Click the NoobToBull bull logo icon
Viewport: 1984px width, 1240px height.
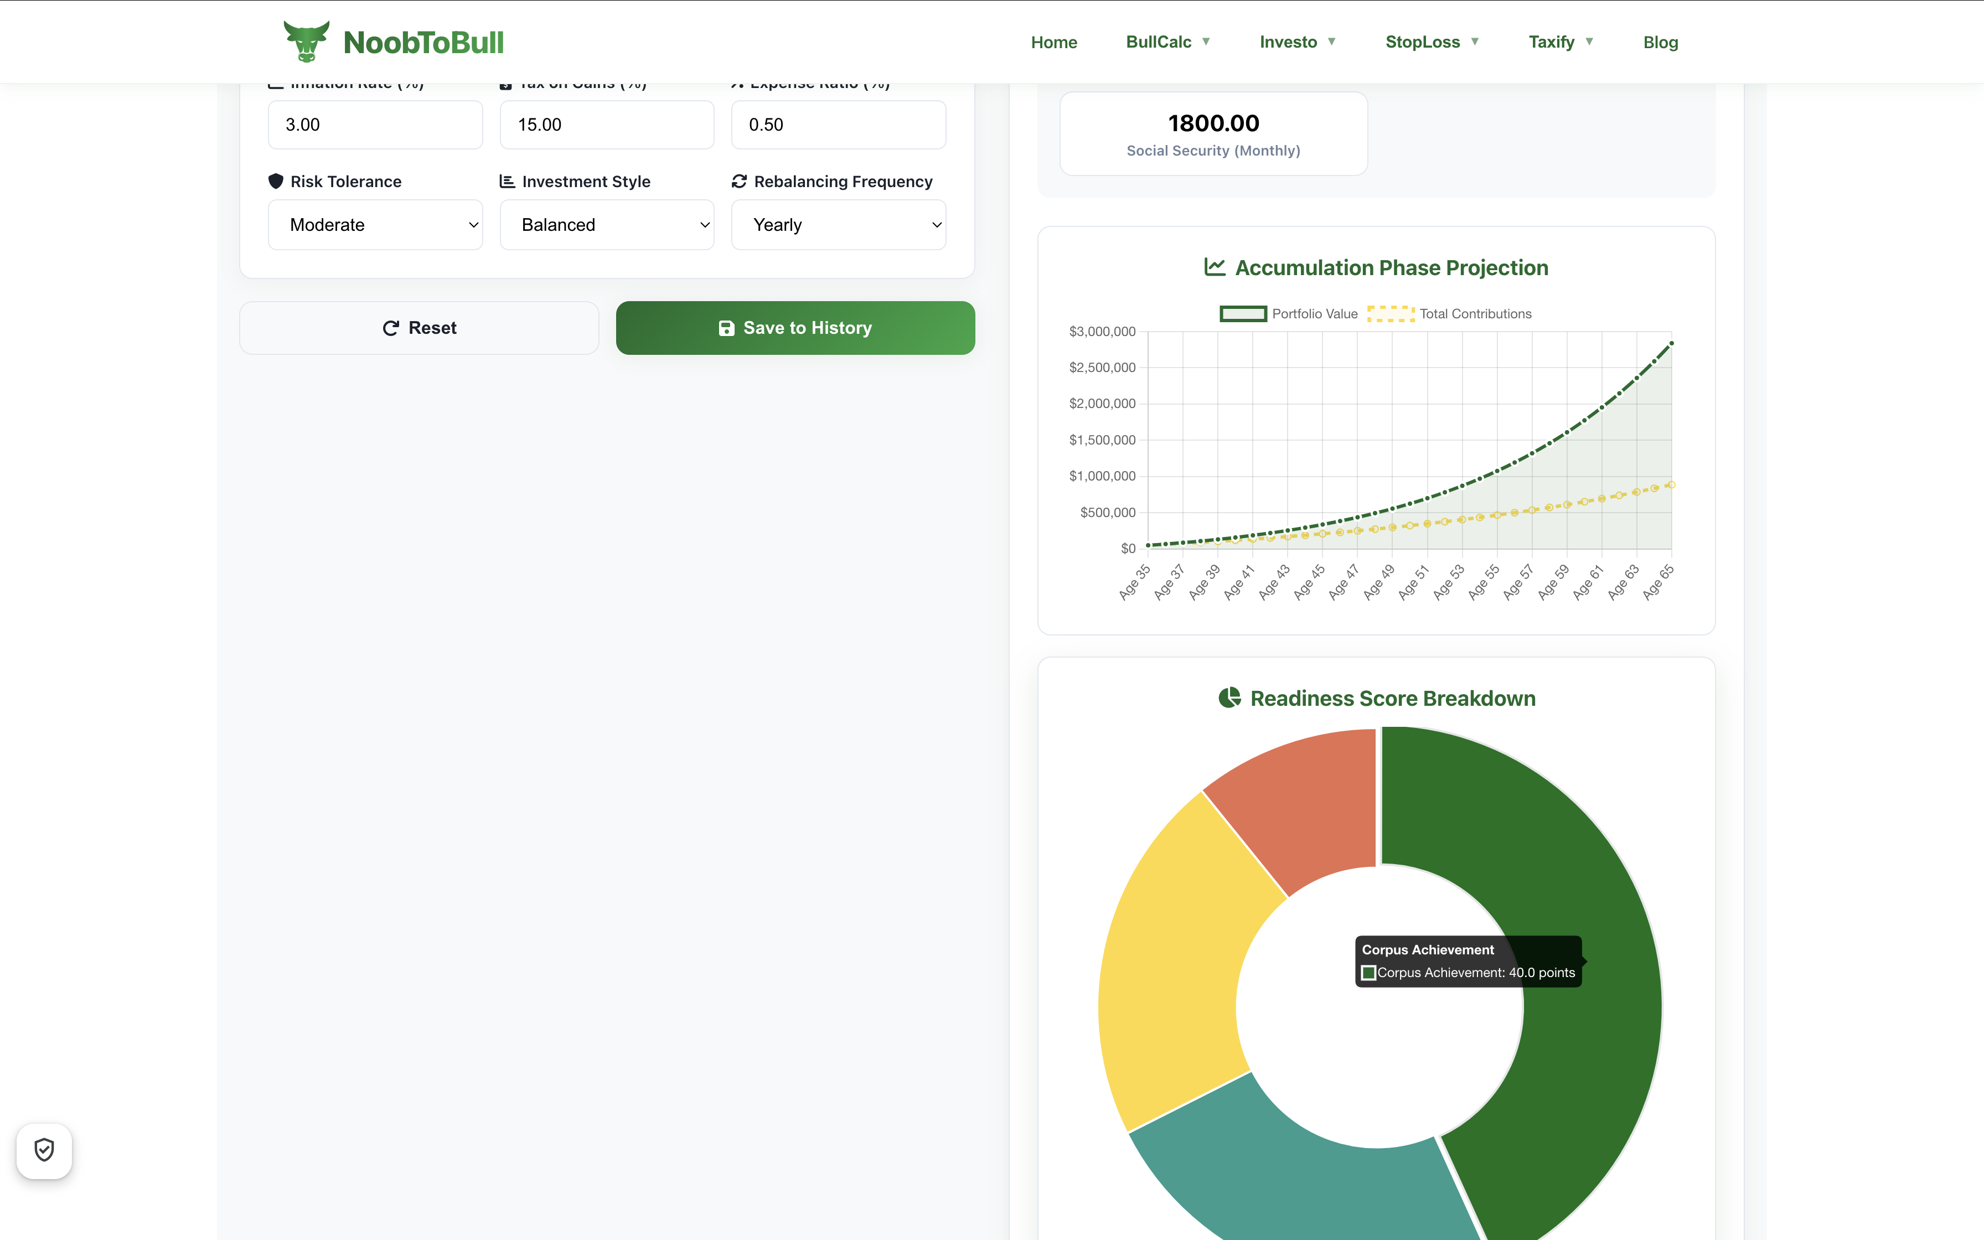pyautogui.click(x=306, y=41)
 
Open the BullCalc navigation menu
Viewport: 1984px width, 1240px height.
pyautogui.click(x=1166, y=42)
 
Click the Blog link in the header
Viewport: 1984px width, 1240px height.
pyautogui.click(x=1660, y=42)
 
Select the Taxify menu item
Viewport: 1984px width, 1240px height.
pyautogui.click(x=1559, y=42)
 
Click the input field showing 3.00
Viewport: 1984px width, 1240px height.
pyautogui.click(x=375, y=125)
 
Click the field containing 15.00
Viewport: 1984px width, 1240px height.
pyautogui.click(x=607, y=125)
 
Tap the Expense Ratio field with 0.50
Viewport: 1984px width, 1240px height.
pyautogui.click(x=838, y=125)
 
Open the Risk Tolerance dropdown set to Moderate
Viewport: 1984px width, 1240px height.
pyautogui.click(x=375, y=225)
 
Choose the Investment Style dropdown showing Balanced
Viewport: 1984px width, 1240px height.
pyautogui.click(x=607, y=225)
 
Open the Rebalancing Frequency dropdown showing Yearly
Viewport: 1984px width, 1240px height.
pyautogui.click(x=838, y=225)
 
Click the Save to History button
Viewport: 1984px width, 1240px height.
pyautogui.click(x=795, y=328)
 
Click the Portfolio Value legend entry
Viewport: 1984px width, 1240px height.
pyautogui.click(x=1289, y=314)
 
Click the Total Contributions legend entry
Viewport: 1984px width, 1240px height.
pyautogui.click(x=1449, y=314)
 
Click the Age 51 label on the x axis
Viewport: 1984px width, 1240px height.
pyautogui.click(x=1413, y=582)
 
